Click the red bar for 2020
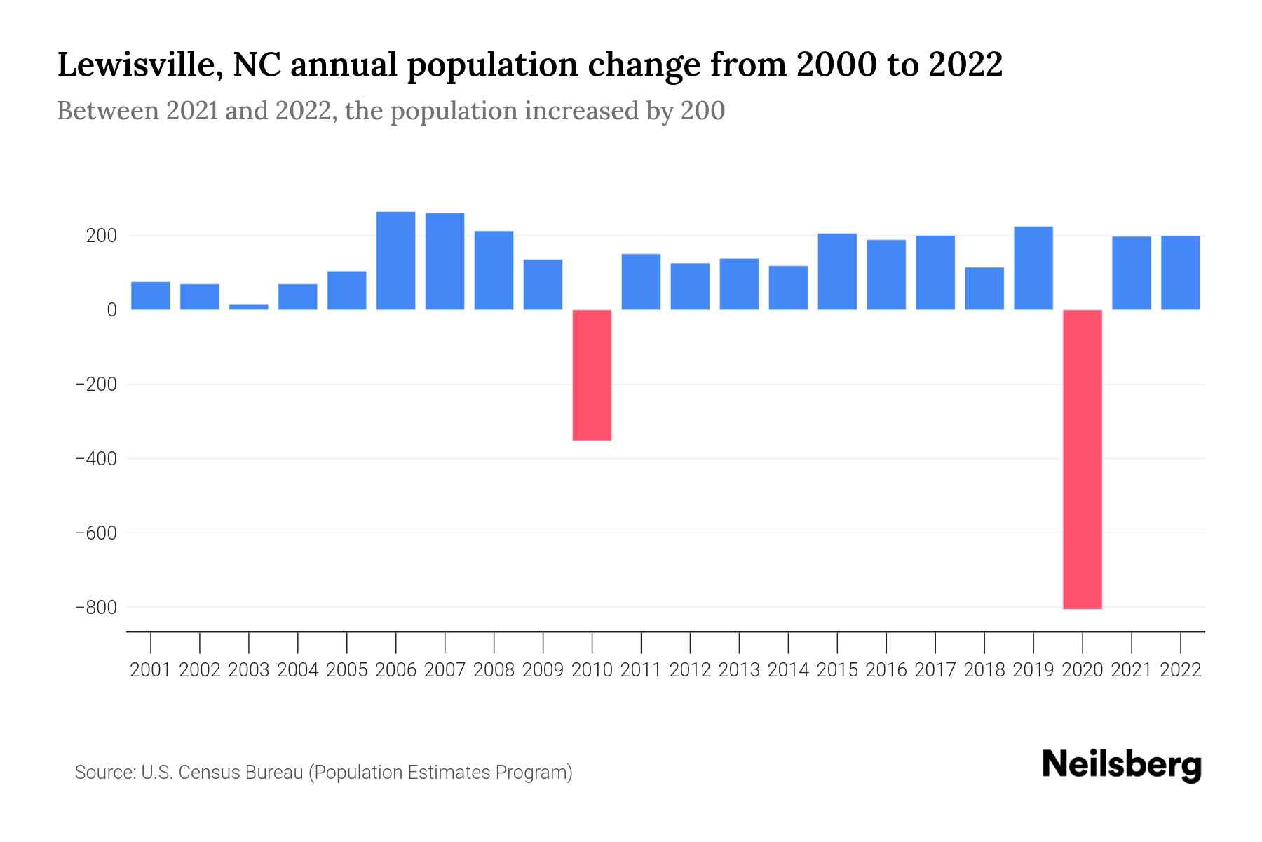1082,459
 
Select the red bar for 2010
592,375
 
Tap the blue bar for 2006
395,260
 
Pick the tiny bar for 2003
249,307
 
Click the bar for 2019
1033,268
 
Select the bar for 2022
1180,273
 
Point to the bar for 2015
837,272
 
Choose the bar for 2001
151,295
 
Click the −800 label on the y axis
96,607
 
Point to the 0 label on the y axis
111,310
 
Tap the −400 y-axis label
96,459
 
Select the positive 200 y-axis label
101,236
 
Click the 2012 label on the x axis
690,670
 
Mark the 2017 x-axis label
935,670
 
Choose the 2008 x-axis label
494,670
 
